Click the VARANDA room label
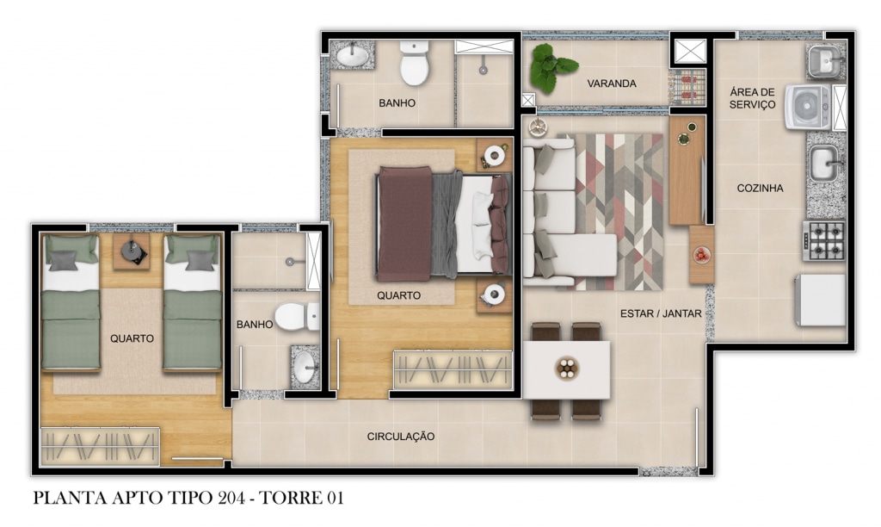pos(612,84)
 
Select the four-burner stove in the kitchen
pos(823,241)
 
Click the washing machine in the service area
pos(808,106)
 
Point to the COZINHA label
pos(760,189)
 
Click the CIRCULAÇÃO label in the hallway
pos(401,437)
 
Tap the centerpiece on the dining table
pos(567,369)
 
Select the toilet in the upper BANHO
pos(415,62)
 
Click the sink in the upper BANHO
pos(353,55)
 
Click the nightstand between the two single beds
pos(132,251)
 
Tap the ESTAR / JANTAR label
pos(661,313)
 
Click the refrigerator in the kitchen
pos(821,300)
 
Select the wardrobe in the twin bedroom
pos(100,447)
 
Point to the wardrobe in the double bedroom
pos(453,369)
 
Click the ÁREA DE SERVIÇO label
pos(752,98)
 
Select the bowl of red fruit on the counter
pos(702,255)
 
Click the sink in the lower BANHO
pos(305,368)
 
